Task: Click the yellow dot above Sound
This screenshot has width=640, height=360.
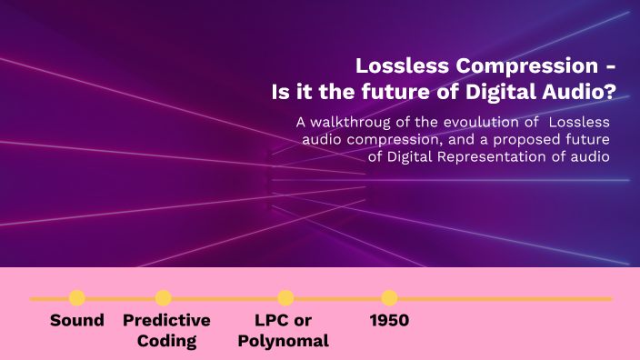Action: coord(77,298)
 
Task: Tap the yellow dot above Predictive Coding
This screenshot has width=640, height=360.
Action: coord(164,298)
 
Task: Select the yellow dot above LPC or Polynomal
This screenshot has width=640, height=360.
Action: coord(285,298)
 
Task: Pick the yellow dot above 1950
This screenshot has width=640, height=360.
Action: coord(389,298)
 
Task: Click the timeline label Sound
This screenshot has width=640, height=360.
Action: coord(77,321)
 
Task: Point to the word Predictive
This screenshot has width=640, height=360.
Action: coord(166,321)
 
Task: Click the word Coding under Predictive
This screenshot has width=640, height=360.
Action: coord(166,342)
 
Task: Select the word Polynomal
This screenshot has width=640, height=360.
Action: coord(292,342)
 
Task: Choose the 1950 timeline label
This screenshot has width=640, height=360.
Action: coord(389,321)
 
